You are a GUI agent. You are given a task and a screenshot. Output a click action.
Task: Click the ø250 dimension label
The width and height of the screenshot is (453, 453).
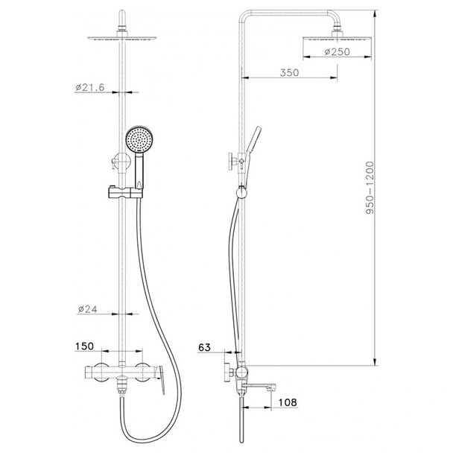click(x=337, y=51)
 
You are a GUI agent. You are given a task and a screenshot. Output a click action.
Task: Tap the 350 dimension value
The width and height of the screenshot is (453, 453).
click(x=289, y=72)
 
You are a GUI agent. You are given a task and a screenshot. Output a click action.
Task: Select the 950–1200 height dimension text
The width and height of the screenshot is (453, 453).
click(x=370, y=188)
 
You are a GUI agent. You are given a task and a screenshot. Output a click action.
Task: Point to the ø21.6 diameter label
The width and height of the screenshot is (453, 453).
click(x=90, y=87)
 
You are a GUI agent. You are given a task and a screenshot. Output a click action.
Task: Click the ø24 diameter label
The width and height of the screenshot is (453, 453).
click(x=88, y=309)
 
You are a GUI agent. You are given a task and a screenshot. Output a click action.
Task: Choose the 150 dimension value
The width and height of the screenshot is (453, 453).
click(x=84, y=346)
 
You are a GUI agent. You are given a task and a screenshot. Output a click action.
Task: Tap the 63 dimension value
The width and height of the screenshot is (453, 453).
click(x=204, y=347)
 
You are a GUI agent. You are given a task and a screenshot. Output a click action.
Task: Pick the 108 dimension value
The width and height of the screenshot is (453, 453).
click(x=288, y=402)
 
